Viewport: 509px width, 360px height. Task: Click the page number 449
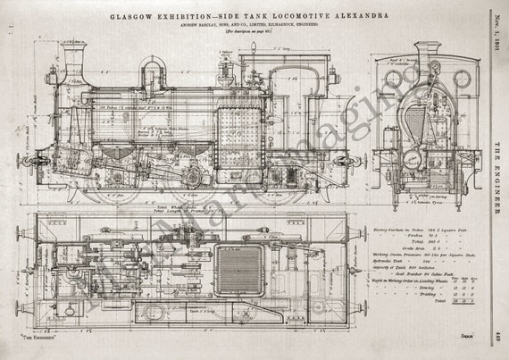[498, 337]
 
